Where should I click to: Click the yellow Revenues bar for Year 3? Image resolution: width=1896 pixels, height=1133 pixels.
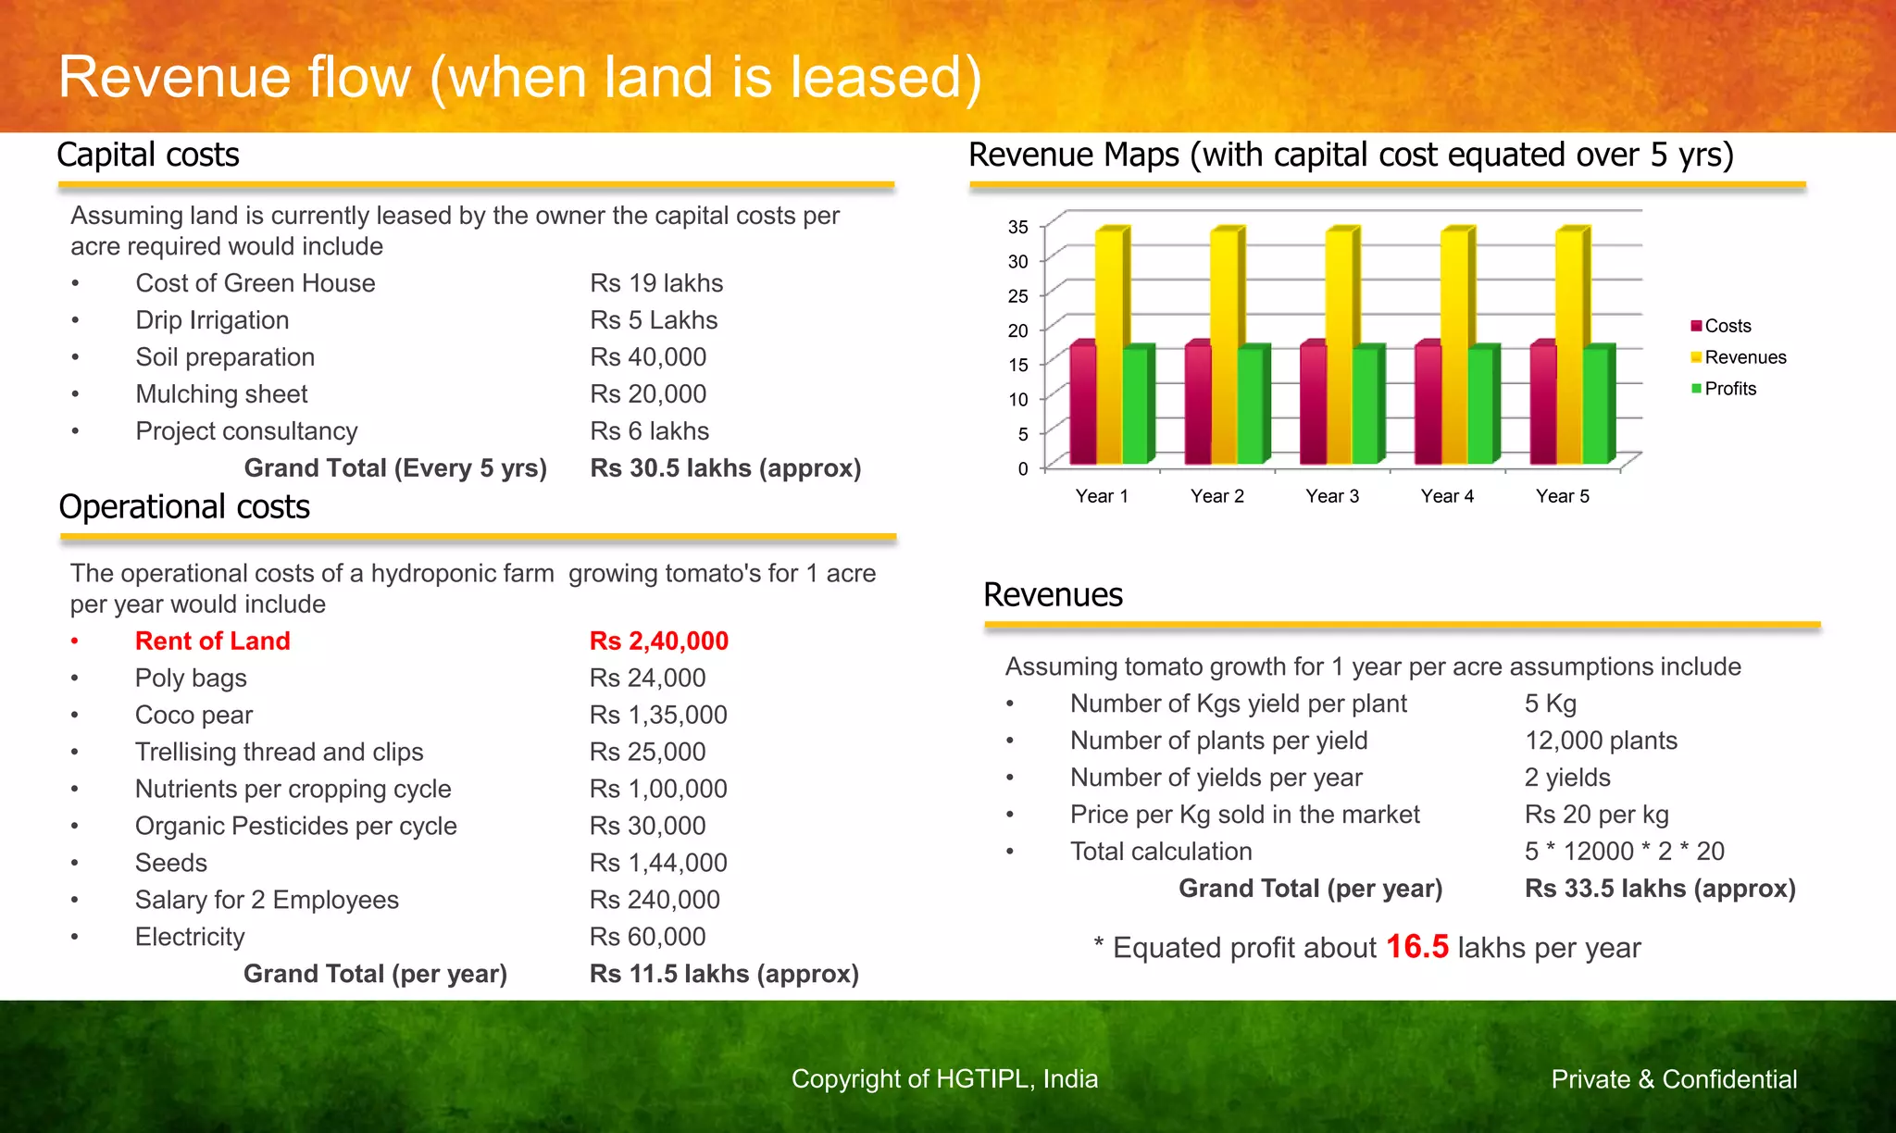coord(1339,347)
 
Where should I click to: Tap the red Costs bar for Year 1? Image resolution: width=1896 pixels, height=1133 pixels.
coord(1082,405)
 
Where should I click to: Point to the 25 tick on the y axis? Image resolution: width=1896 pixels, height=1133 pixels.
coord(1018,296)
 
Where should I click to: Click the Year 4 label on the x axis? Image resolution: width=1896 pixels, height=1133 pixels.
coord(1447,496)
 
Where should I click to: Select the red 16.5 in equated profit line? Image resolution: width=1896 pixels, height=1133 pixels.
coord(1416,947)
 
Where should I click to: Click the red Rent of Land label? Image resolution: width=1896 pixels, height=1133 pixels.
coord(212,641)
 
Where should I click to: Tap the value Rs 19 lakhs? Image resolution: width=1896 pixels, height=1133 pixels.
coord(656,283)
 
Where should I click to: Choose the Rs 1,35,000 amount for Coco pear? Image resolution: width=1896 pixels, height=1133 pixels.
coord(658,715)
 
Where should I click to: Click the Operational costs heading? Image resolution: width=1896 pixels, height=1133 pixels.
coord(184,507)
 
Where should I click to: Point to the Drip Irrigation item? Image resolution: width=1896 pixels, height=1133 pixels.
coord(212,320)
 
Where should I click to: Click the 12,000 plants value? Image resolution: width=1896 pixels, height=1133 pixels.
coord(1601,741)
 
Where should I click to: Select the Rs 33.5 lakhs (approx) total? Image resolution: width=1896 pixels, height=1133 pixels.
coord(1660,889)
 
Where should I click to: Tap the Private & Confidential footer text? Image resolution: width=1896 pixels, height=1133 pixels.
coord(1674,1079)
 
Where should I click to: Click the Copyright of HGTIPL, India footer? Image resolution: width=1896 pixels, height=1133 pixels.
coord(944,1079)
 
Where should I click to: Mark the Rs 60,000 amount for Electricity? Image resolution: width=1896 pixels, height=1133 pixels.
coord(647,937)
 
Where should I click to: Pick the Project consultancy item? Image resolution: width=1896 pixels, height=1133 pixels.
coord(246,431)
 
